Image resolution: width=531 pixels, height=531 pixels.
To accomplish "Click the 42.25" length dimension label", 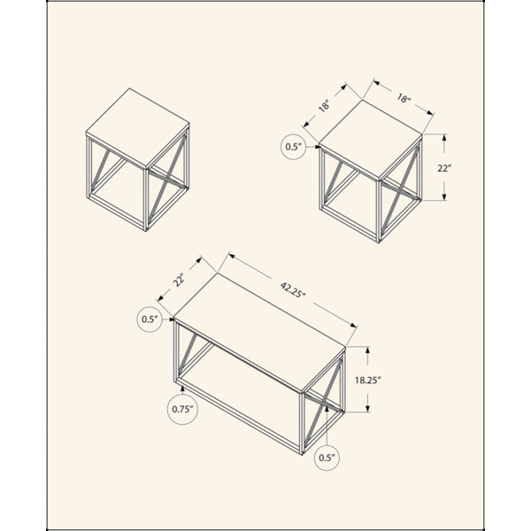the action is tap(293, 290).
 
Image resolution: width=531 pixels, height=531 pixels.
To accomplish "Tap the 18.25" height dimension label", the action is tap(368, 380).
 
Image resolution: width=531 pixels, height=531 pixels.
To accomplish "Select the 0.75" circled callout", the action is tap(182, 409).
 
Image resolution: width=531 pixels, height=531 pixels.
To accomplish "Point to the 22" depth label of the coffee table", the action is tap(180, 280).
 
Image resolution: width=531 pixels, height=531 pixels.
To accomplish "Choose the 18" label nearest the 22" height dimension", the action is tap(404, 98).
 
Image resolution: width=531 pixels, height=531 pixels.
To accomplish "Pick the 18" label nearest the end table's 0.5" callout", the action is tap(324, 105).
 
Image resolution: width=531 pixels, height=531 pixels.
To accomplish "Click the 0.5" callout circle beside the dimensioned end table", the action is tap(293, 147).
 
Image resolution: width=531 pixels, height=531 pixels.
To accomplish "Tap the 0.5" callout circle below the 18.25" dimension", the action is tap(327, 458).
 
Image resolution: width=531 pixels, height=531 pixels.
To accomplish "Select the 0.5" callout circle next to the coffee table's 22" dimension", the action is tap(150, 319).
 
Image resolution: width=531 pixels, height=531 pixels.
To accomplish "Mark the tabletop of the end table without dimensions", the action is tap(138, 127).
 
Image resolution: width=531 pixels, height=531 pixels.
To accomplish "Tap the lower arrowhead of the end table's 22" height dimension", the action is tap(444, 196).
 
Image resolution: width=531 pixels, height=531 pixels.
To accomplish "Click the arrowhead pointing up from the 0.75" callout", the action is tap(182, 389).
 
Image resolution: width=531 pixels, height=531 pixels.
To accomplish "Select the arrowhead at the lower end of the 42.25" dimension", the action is tap(354, 326).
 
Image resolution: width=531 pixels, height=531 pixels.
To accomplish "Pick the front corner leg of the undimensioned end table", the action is tap(146, 200).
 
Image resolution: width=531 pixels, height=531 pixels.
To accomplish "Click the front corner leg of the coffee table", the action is tap(302, 424).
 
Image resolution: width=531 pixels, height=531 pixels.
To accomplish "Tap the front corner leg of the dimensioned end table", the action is tap(379, 212).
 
